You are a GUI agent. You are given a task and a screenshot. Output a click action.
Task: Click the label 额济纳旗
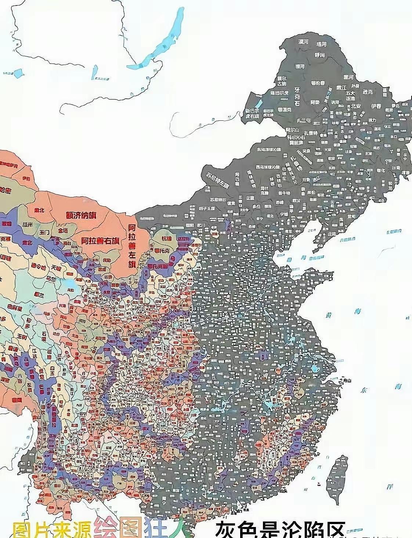coord(81,215)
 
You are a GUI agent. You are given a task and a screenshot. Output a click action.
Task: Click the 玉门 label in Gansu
coord(45,232)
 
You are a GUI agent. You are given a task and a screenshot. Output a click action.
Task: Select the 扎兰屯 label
coord(304,120)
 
